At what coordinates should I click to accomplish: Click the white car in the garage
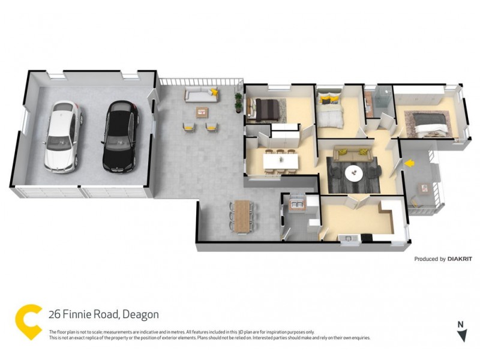(62, 136)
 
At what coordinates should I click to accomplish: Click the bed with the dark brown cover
(266, 108)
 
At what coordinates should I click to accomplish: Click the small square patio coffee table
(202, 111)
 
